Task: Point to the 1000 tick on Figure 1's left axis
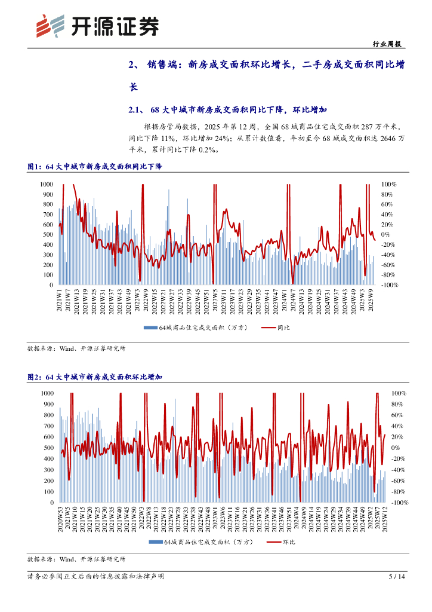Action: point(47,184)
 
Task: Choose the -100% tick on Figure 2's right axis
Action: point(399,503)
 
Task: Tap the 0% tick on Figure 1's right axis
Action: point(386,235)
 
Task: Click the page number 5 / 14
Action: point(397,577)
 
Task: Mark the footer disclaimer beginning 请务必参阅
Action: point(95,577)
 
